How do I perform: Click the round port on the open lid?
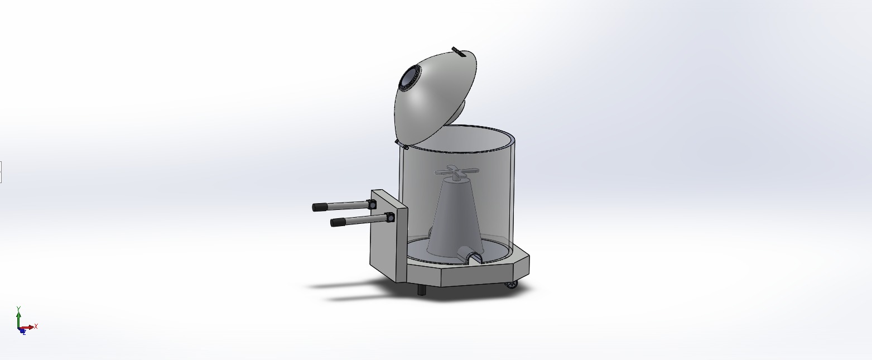click(x=410, y=79)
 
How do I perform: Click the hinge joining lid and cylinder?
click(x=402, y=145)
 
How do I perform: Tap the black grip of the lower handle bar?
click(x=338, y=222)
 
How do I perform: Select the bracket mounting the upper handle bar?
click(x=372, y=204)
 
